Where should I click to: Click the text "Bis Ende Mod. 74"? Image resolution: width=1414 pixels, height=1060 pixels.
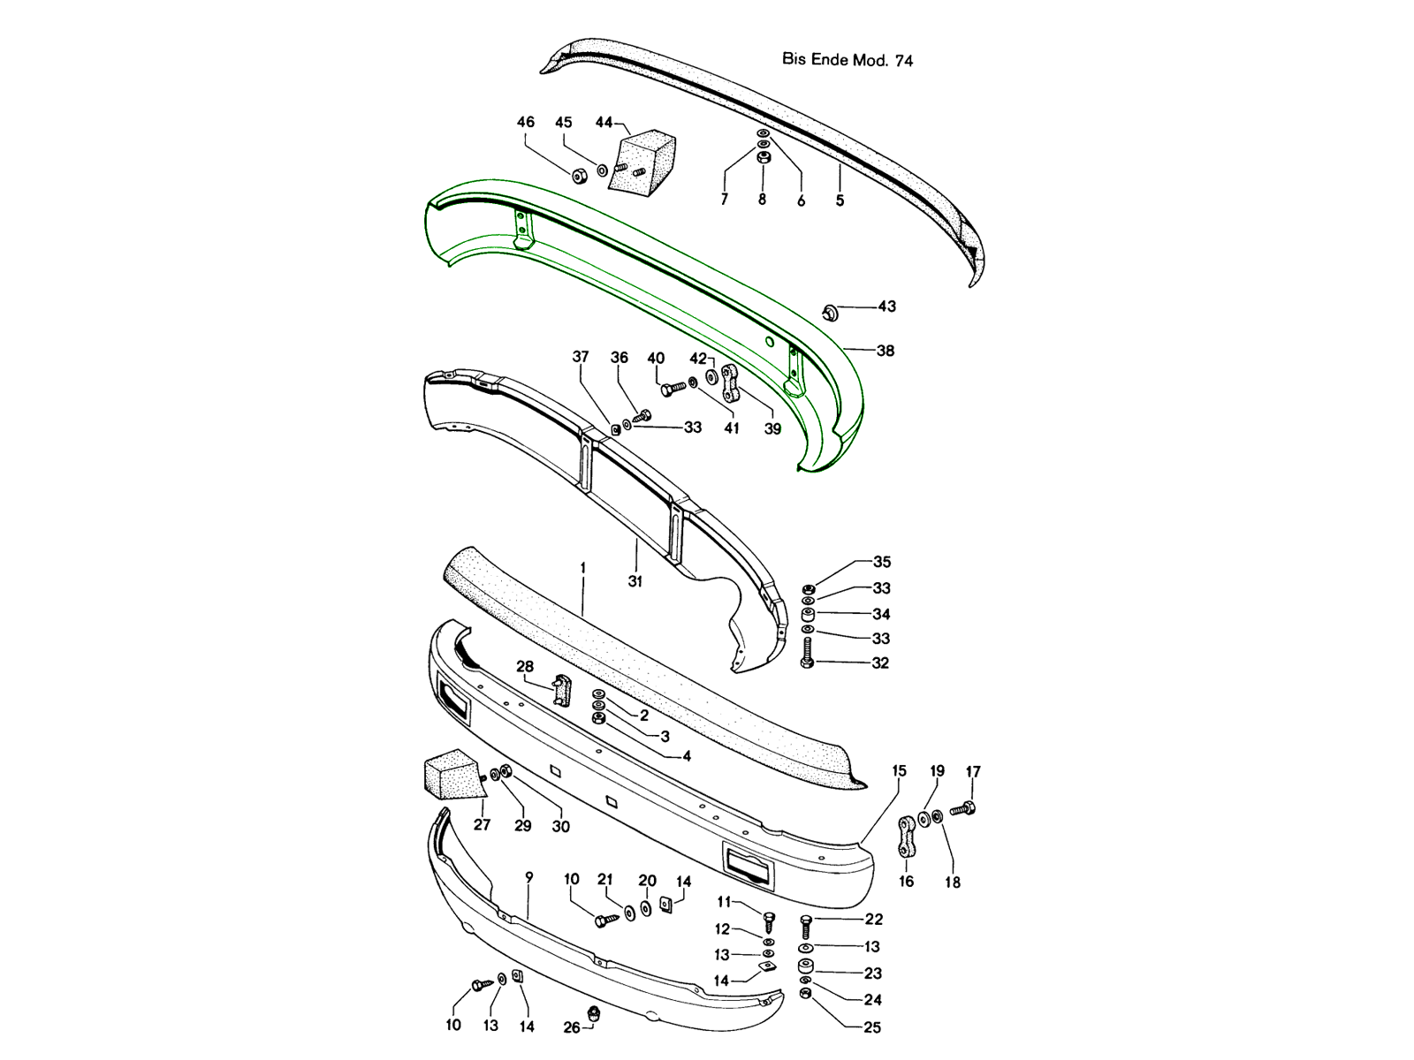848,60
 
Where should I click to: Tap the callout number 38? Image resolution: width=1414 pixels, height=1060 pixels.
886,351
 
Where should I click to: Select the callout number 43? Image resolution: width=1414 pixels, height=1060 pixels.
887,307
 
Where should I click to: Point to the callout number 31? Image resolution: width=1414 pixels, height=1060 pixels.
635,581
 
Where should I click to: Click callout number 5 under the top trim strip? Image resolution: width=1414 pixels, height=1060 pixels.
840,201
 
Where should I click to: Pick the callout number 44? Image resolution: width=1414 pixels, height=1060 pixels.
604,122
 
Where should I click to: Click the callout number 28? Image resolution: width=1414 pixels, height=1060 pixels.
525,667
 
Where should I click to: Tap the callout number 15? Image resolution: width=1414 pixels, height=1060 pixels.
900,771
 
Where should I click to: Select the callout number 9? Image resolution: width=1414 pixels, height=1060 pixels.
529,877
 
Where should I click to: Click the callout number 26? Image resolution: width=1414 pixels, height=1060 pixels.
572,1028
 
